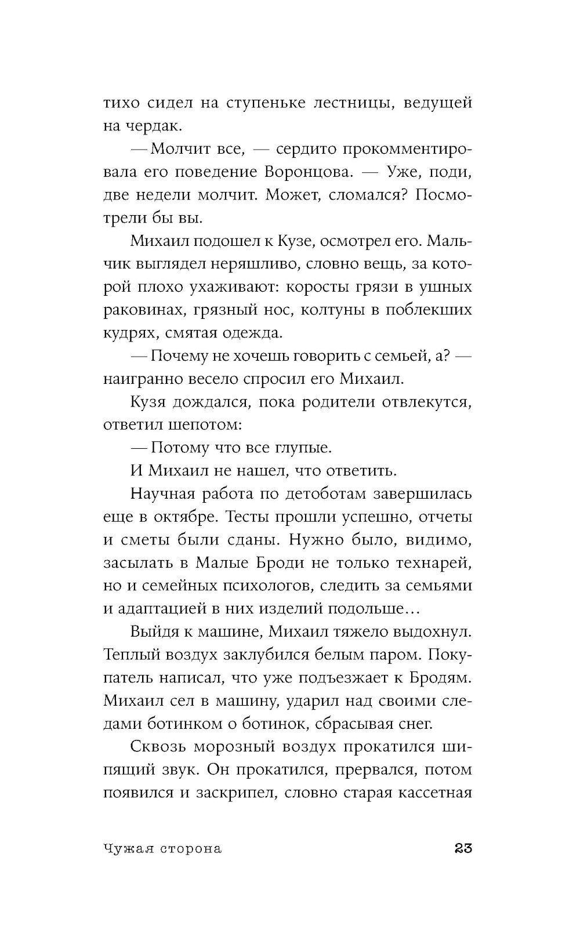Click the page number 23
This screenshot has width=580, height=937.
(462, 848)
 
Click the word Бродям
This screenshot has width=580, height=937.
(445, 678)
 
